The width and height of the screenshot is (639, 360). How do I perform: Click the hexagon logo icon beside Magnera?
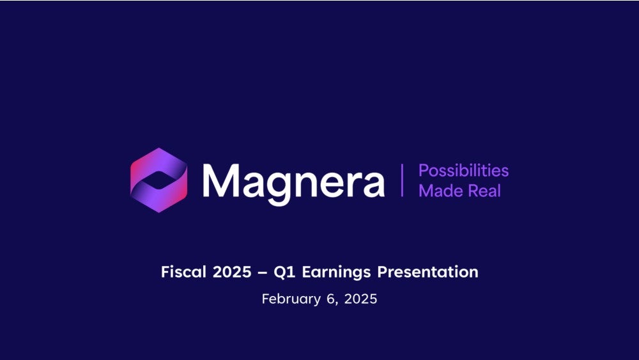point(159,180)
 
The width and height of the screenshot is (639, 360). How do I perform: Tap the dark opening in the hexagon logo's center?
point(159,180)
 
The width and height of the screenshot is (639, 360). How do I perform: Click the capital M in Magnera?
point(220,180)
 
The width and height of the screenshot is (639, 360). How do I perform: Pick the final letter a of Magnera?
point(372,185)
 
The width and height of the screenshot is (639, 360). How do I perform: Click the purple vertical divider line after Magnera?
point(402,180)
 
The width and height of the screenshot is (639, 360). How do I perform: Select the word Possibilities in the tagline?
point(463,171)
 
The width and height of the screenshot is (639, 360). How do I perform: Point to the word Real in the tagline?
point(484,191)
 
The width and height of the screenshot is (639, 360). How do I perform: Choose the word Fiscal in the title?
point(184,272)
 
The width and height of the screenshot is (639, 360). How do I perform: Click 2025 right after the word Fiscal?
point(232,272)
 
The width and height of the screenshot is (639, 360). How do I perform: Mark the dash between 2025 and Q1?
point(263,272)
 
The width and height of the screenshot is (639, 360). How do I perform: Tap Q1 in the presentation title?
point(284,272)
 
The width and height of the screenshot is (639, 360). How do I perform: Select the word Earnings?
point(336,272)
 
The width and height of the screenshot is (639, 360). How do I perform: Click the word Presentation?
point(427,272)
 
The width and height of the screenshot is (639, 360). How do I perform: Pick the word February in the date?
point(291,299)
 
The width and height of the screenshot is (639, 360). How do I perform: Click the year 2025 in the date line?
point(360,299)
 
